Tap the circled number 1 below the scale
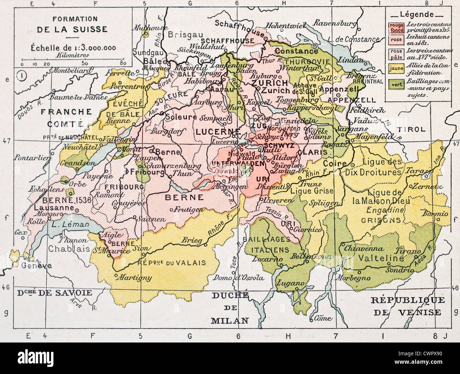pyautogui.click(x=21, y=75)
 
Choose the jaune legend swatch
pyautogui.click(x=396, y=68)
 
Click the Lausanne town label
pyautogui.click(x=51, y=208)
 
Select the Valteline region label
pyautogui.click(x=381, y=258)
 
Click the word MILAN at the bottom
pyautogui.click(x=229, y=321)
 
